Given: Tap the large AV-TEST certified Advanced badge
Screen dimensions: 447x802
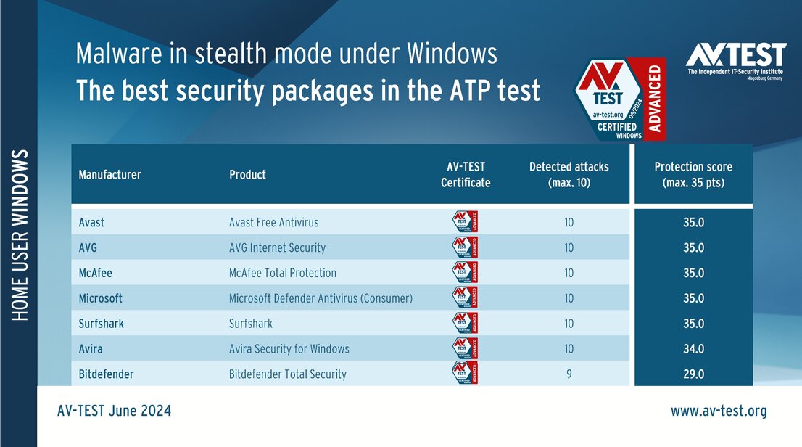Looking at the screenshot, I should [x=620, y=99].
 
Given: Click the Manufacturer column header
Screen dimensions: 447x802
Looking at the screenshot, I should [x=109, y=175].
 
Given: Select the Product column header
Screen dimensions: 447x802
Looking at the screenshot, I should [x=247, y=175].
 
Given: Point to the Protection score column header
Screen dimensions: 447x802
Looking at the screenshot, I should [x=693, y=175].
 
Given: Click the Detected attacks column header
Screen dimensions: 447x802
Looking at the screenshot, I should [x=569, y=175].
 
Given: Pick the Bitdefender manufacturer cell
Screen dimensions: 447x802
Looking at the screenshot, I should [x=106, y=374].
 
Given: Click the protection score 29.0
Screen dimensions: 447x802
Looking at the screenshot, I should [x=693, y=374].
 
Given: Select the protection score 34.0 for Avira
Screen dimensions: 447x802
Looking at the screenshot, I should [x=693, y=349].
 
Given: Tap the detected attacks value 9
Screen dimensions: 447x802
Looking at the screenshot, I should [x=569, y=374].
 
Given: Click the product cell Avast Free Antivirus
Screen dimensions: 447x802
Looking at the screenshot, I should [x=273, y=222].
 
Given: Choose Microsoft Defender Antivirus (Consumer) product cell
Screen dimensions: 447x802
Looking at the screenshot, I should [x=321, y=298].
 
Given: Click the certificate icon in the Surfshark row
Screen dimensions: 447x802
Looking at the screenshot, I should [x=465, y=324].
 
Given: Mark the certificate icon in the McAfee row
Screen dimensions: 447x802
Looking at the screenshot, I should [x=465, y=273].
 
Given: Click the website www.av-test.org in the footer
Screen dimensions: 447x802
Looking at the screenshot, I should [x=718, y=411].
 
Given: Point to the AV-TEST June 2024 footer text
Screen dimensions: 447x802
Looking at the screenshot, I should [x=114, y=411].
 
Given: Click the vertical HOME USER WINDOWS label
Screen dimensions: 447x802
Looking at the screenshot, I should [x=21, y=236].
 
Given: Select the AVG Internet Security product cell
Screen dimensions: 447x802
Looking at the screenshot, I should [x=277, y=247].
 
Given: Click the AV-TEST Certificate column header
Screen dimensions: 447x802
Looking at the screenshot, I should [x=466, y=175].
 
